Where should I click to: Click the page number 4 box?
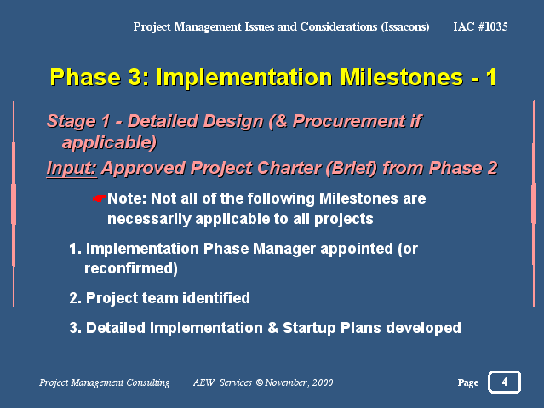(x=504, y=382)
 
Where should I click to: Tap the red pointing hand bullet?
(x=100, y=198)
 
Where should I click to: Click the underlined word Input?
(x=72, y=168)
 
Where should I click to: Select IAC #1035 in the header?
(x=480, y=26)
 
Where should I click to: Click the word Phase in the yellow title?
(x=85, y=77)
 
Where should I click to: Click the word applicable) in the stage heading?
(x=109, y=143)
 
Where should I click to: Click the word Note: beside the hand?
(x=127, y=198)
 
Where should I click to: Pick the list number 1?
(x=75, y=249)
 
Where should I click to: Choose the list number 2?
(x=75, y=298)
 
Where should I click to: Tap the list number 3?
(x=75, y=328)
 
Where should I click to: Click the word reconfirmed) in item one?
(x=131, y=268)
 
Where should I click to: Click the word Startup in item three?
(x=309, y=328)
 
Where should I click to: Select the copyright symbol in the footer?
(x=259, y=382)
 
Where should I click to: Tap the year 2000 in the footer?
(x=323, y=382)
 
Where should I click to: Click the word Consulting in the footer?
(x=148, y=382)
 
